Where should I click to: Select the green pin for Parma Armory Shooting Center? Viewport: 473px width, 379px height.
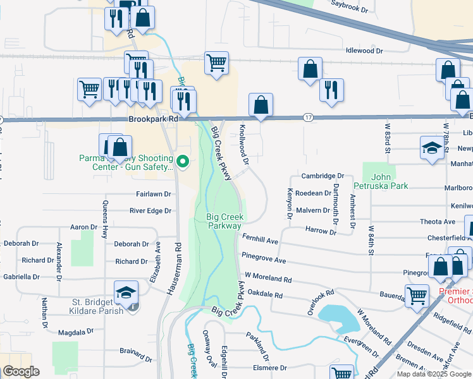click(183, 162)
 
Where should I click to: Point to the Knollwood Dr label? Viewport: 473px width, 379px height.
click(243, 143)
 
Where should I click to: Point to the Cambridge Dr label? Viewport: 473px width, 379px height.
click(322, 176)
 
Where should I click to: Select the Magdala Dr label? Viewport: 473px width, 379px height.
click(75, 331)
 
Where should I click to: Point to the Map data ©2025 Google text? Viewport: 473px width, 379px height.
click(434, 375)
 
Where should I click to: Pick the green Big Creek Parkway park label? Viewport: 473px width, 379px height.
click(224, 221)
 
